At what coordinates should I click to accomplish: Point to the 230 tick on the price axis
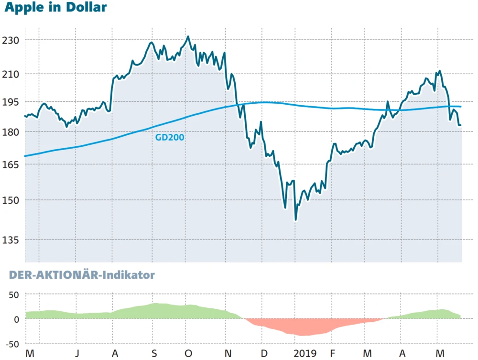(x=11, y=41)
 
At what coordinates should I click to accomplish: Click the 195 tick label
(x=11, y=102)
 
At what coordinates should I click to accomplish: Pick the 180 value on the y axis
(x=11, y=132)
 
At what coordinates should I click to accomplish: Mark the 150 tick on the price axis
(x=11, y=200)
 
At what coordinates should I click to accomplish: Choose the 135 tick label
(x=11, y=240)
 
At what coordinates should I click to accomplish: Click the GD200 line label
(x=170, y=137)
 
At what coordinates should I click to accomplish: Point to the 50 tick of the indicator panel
(x=13, y=295)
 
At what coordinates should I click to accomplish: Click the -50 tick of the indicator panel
(x=11, y=344)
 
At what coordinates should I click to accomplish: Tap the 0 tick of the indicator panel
(x=16, y=319)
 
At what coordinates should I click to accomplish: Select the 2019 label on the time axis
(x=305, y=353)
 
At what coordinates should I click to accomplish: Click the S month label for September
(x=153, y=353)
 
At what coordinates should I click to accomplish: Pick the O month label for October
(x=188, y=353)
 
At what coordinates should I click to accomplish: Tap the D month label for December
(x=264, y=353)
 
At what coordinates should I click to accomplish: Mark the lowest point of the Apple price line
(x=295, y=220)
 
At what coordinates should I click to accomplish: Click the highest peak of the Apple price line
(x=188, y=36)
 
